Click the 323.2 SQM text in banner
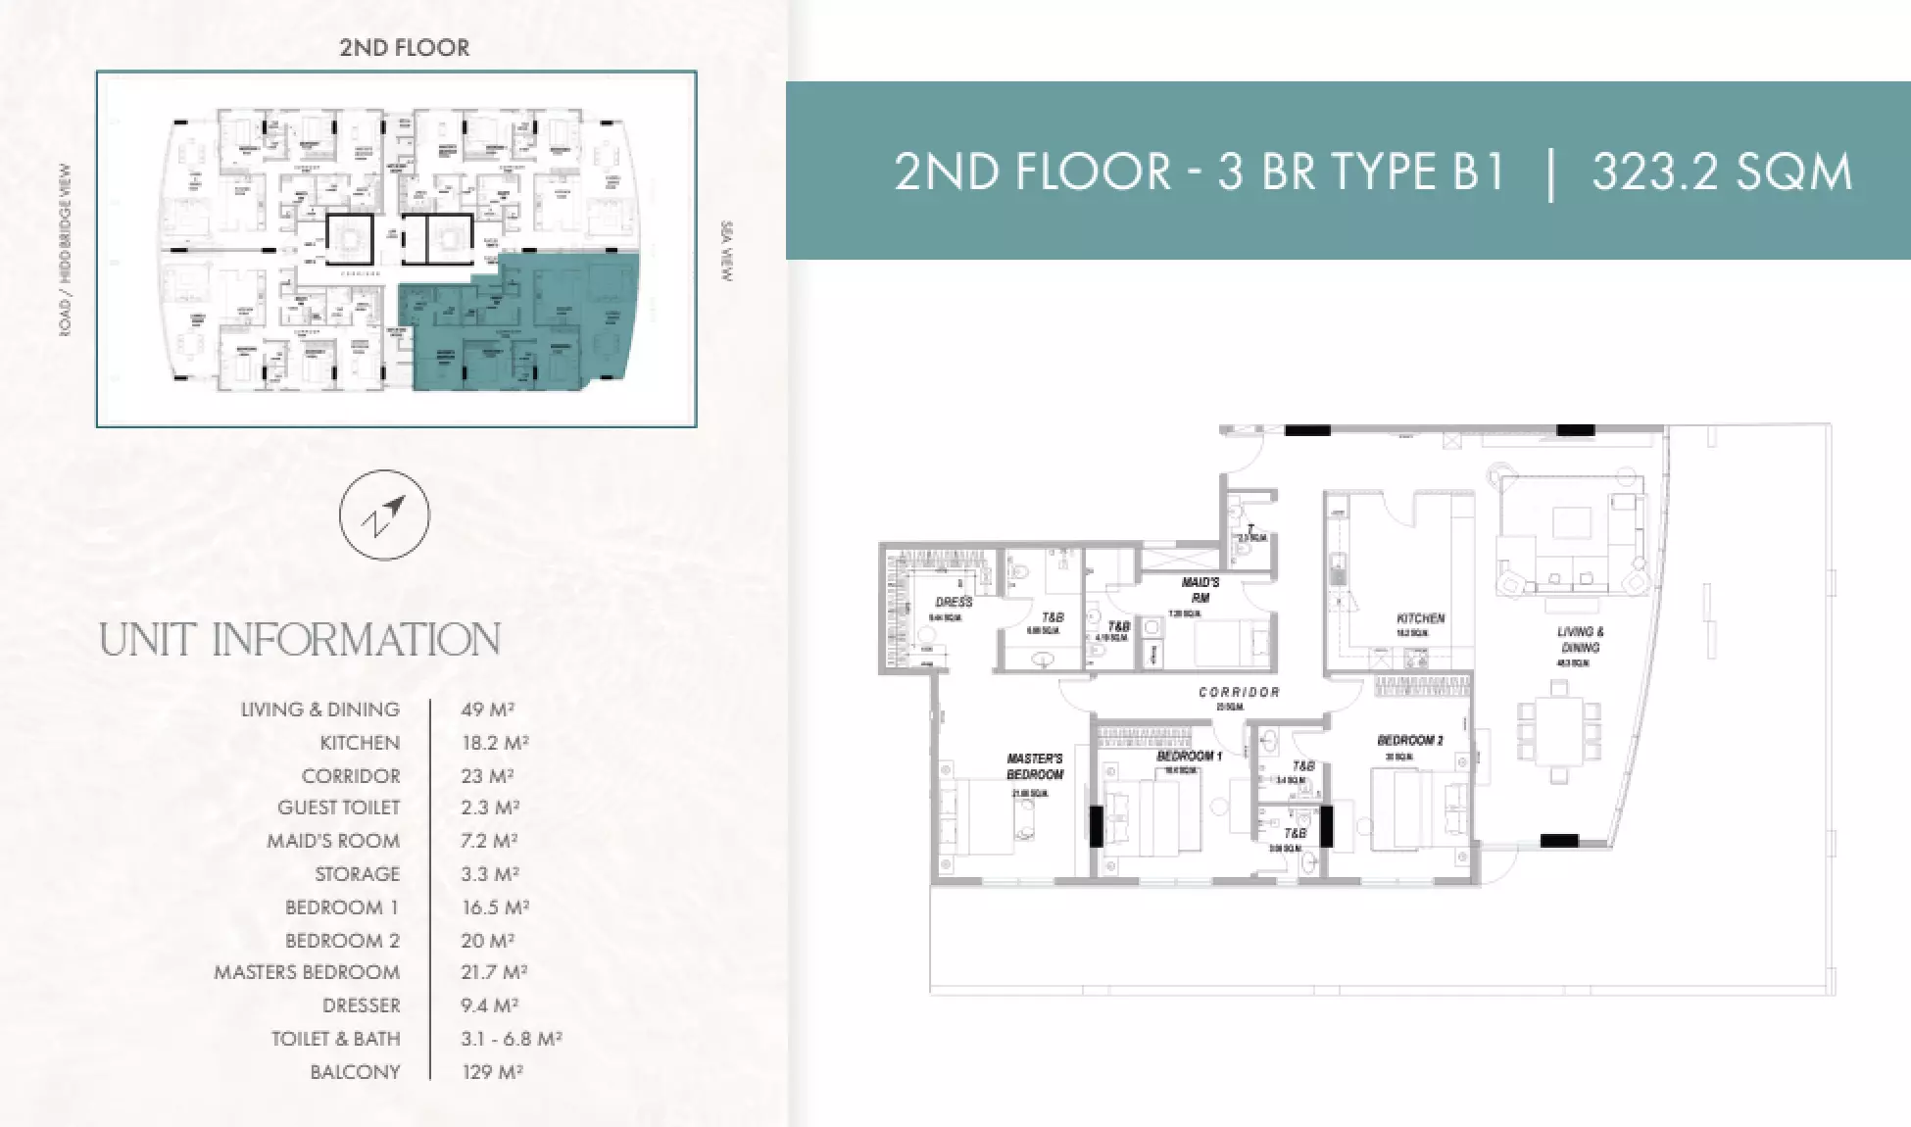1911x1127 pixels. click(1722, 171)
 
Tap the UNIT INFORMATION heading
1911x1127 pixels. click(300, 640)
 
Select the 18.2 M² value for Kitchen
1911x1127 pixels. click(495, 743)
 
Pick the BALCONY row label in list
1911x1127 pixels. click(355, 1071)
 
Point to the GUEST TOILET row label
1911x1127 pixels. click(338, 808)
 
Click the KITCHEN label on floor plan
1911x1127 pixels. click(1420, 618)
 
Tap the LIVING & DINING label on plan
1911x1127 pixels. click(1580, 639)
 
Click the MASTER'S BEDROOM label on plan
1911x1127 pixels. click(1035, 766)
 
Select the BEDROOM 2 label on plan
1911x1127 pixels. click(1409, 741)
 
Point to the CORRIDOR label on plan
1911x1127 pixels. click(1239, 692)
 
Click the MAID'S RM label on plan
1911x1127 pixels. click(1200, 590)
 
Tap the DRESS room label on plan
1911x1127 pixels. click(953, 602)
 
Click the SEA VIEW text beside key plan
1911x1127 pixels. click(726, 253)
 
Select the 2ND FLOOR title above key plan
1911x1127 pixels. click(404, 47)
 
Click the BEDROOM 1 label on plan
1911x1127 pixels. click(1189, 757)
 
